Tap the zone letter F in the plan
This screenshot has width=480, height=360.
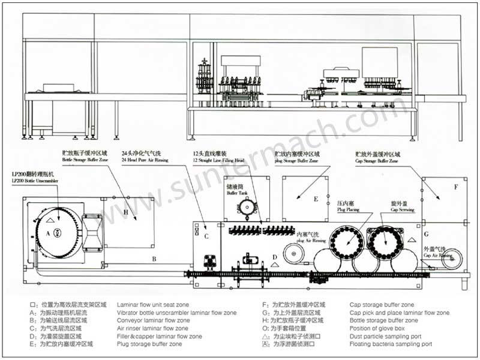[x=455, y=187]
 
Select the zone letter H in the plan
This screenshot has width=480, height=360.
[x=126, y=212]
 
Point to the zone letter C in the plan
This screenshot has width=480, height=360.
[x=206, y=236]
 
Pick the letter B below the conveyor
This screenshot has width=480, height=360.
[x=154, y=259]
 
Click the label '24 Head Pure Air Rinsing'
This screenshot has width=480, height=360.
[x=145, y=161]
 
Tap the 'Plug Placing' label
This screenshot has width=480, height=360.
[x=348, y=211]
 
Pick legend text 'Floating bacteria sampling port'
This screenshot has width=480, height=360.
[x=391, y=344]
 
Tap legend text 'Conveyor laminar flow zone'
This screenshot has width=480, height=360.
[x=152, y=321]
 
